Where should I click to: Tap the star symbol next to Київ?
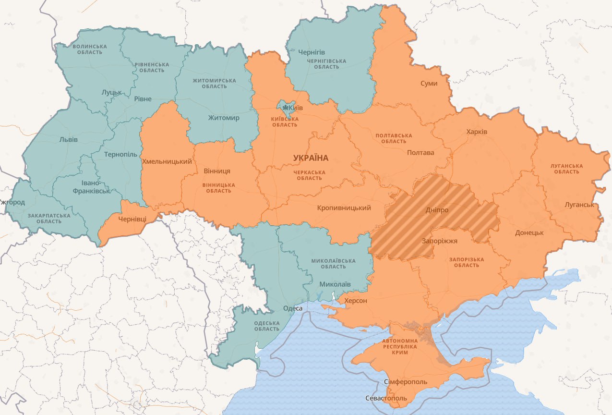pos(287,108)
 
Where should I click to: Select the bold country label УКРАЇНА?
pos(311,158)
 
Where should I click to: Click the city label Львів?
pos(69,139)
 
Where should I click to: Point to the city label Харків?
pos(477,132)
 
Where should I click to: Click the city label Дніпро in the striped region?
pos(437,210)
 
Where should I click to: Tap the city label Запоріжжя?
pos(439,241)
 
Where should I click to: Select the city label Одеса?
pos(292,308)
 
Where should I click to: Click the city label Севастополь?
pos(386,398)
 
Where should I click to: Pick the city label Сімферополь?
pos(405,381)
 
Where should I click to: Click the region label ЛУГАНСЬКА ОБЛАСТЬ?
pos(567,169)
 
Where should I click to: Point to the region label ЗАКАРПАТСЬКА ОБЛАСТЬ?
pos(48,218)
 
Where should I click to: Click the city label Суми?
pos(429,84)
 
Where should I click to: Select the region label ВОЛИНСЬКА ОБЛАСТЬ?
pos(90,49)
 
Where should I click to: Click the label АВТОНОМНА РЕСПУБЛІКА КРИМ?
pos(400,346)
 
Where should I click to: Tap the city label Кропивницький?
pos(344,208)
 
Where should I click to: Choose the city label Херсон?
pos(355,301)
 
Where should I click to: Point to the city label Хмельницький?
pos(167,161)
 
